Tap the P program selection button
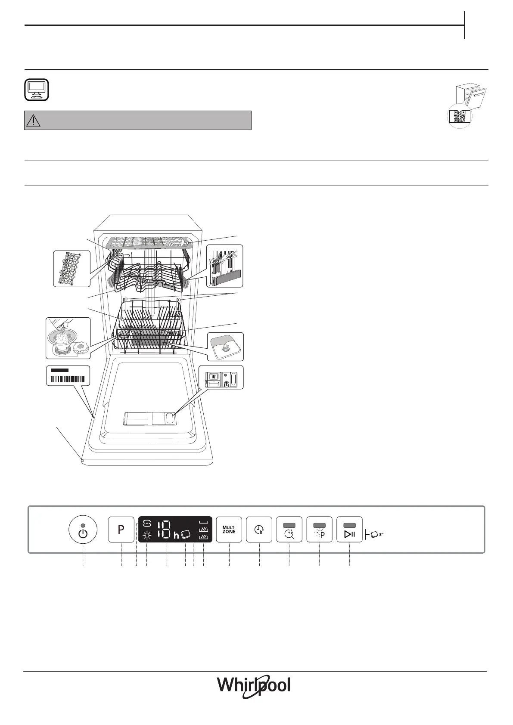point(121,529)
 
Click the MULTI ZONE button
point(229,529)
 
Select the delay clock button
point(259,529)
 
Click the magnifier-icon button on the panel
point(289,529)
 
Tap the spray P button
point(319,529)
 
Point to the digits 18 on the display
point(165,530)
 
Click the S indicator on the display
point(147,524)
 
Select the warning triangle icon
point(33,121)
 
